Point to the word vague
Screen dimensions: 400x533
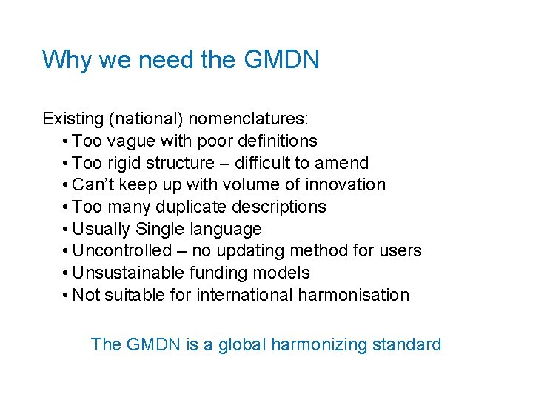pos(130,141)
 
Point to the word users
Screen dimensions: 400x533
pos(400,251)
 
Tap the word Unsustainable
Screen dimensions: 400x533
pos(129,273)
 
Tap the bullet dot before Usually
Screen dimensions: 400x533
pos(67,229)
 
